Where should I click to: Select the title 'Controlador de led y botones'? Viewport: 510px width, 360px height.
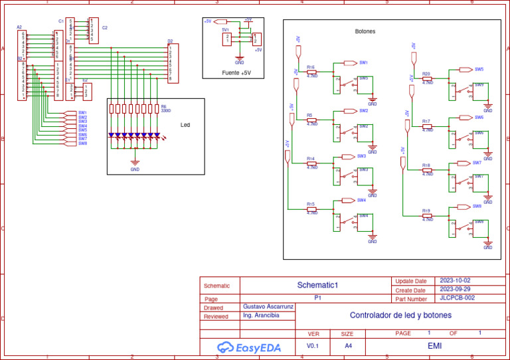(x=400, y=315)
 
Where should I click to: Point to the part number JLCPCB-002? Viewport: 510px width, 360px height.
(x=457, y=298)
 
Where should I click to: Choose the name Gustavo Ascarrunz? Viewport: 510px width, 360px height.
(x=268, y=307)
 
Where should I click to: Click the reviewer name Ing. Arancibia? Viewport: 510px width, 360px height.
(x=262, y=315)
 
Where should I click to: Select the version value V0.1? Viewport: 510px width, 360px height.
(x=313, y=346)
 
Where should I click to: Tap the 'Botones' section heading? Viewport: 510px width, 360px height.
(x=365, y=31)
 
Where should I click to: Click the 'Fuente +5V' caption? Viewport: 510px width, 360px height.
(x=236, y=72)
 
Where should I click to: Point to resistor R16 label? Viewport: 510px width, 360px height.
(x=311, y=67)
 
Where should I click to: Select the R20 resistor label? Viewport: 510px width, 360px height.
(x=426, y=74)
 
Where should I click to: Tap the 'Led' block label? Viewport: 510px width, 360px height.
(x=185, y=124)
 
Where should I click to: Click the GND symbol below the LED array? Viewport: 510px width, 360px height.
(x=135, y=163)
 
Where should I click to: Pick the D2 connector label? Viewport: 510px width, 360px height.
(x=170, y=41)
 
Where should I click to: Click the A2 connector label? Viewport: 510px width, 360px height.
(x=19, y=27)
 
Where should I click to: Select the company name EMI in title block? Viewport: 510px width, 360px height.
(x=434, y=346)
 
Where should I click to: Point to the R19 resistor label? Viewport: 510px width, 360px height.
(x=426, y=211)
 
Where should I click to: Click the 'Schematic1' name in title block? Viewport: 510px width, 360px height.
(x=317, y=285)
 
